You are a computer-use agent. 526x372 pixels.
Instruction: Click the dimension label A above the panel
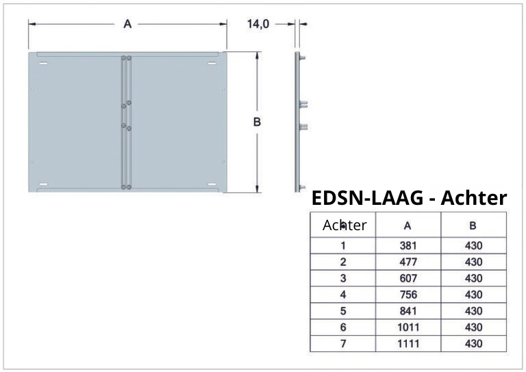[127, 24]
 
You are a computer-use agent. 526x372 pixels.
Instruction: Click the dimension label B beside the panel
[257, 123]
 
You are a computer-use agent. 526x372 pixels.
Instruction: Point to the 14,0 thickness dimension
[258, 24]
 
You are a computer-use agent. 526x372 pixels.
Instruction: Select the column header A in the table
[408, 225]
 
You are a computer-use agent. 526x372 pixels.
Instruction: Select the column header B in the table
[473, 225]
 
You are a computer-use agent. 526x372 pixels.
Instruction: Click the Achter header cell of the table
[344, 225]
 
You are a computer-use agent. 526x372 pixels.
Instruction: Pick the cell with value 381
[408, 245]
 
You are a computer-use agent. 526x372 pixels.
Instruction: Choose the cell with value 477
[408, 262]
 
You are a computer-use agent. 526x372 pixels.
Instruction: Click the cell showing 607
[408, 278]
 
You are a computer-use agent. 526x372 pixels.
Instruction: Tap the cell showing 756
[408, 295]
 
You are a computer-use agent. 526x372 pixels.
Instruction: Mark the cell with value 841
[408, 311]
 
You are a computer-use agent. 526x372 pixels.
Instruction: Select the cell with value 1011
[408, 327]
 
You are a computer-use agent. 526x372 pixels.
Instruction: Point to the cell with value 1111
[408, 344]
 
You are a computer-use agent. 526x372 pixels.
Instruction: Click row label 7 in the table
[343, 344]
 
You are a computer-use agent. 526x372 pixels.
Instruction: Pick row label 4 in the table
[343, 295]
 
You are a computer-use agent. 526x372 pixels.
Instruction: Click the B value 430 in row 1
[473, 245]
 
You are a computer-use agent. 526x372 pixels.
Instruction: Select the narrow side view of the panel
[298, 122]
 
